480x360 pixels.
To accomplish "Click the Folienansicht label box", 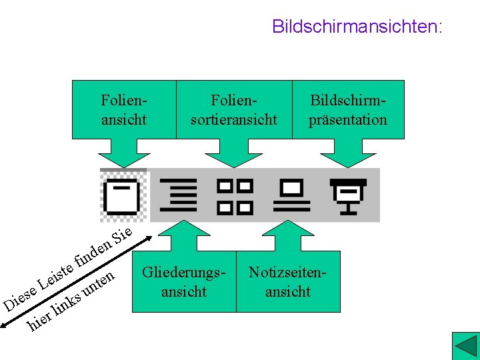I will point(123,110).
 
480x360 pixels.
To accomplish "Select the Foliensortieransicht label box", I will point(234,110).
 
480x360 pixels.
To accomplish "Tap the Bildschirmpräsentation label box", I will point(348,110).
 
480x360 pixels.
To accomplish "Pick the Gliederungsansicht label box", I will point(184,282).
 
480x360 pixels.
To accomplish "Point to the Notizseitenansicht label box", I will point(288,282).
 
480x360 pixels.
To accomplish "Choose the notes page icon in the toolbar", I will point(291,193).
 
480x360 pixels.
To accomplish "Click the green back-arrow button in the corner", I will point(465,346).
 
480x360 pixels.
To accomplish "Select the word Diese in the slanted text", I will point(20,298).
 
